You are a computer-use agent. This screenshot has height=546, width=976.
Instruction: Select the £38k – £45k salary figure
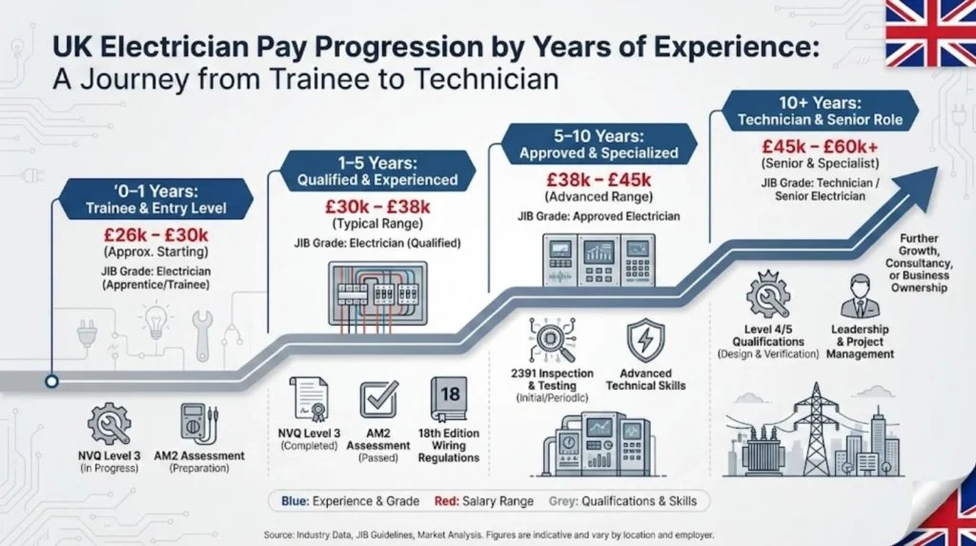(599, 180)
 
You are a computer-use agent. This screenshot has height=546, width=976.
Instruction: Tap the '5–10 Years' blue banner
(599, 144)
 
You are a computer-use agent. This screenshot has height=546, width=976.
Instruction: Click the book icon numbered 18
(448, 397)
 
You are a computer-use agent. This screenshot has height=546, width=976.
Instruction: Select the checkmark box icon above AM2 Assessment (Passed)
(378, 398)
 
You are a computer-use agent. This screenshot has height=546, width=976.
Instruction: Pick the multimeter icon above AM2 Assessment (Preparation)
(198, 422)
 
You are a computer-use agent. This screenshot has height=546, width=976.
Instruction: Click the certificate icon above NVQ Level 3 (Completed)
(308, 398)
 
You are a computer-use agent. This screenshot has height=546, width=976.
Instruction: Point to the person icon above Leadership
(860, 295)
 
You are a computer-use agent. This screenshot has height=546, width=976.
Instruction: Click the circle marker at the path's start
(51, 381)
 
